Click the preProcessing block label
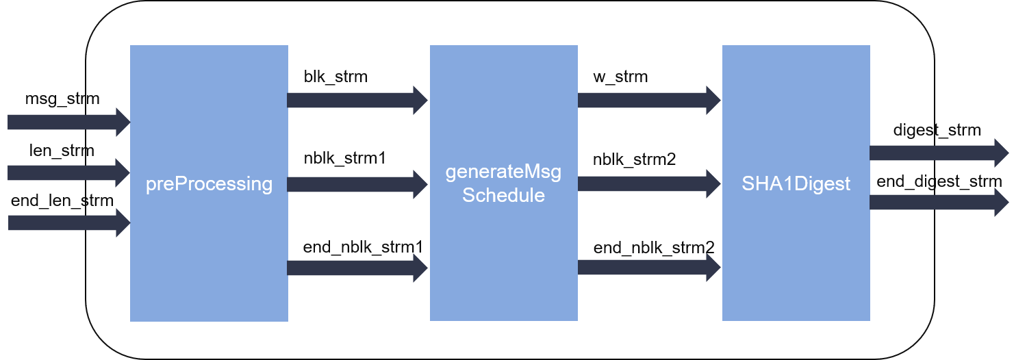coord(209,184)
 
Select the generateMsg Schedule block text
coord(503,183)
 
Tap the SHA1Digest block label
coord(796,183)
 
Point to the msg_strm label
coord(62,99)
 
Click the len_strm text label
coord(62,150)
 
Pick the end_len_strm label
coord(62,201)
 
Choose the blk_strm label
coord(335,77)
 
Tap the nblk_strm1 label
coord(344,158)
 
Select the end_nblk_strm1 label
coord(363,247)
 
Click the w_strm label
coord(620,77)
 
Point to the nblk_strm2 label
coord(634,159)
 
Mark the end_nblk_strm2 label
coord(654,248)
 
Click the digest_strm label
coord(937,130)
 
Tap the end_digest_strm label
coord(939,182)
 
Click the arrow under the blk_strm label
coord(357,101)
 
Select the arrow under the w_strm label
coord(649,101)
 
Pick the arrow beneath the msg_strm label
coord(68,122)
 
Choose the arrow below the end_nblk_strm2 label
coord(649,268)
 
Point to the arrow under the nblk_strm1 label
coord(357,184)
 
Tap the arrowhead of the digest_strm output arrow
coord(1001,153)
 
